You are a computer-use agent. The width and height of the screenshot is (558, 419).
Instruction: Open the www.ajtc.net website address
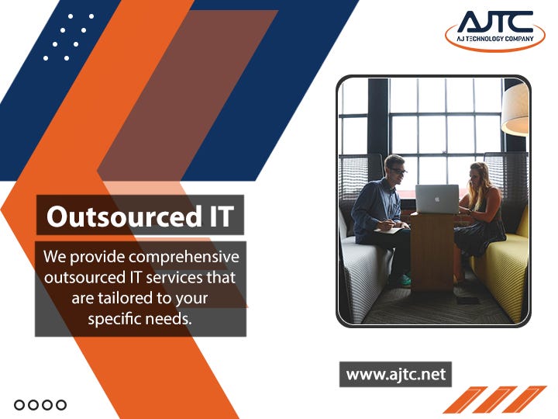395,374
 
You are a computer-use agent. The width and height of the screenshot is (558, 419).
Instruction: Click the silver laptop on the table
436,199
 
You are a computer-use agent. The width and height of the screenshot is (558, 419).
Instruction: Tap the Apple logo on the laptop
436,199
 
